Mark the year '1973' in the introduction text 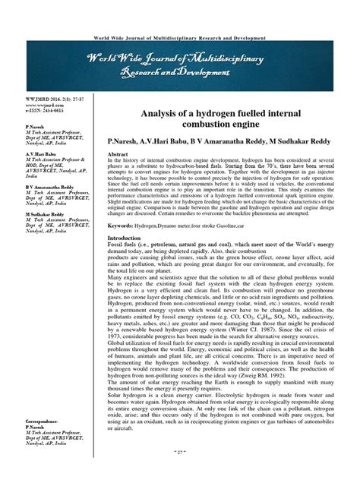pos(117,338)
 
